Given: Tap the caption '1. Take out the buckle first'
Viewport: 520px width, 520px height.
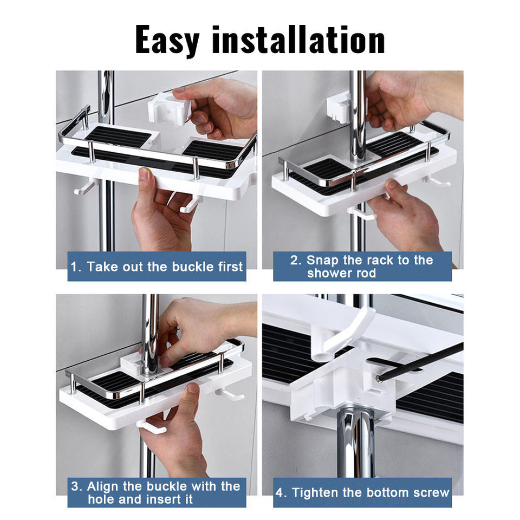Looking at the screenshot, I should (x=157, y=266).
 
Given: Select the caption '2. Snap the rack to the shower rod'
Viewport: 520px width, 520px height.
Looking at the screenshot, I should (x=362, y=266).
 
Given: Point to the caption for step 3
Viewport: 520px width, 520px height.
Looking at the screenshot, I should (x=156, y=492).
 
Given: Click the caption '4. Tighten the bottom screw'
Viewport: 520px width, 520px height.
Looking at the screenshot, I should (x=362, y=492).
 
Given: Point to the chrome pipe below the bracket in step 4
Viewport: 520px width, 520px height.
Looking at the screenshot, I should (x=355, y=444).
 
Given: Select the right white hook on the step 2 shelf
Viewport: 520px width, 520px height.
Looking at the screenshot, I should (x=438, y=181).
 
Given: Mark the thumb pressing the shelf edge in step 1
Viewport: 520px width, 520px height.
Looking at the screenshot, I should (x=145, y=174).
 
